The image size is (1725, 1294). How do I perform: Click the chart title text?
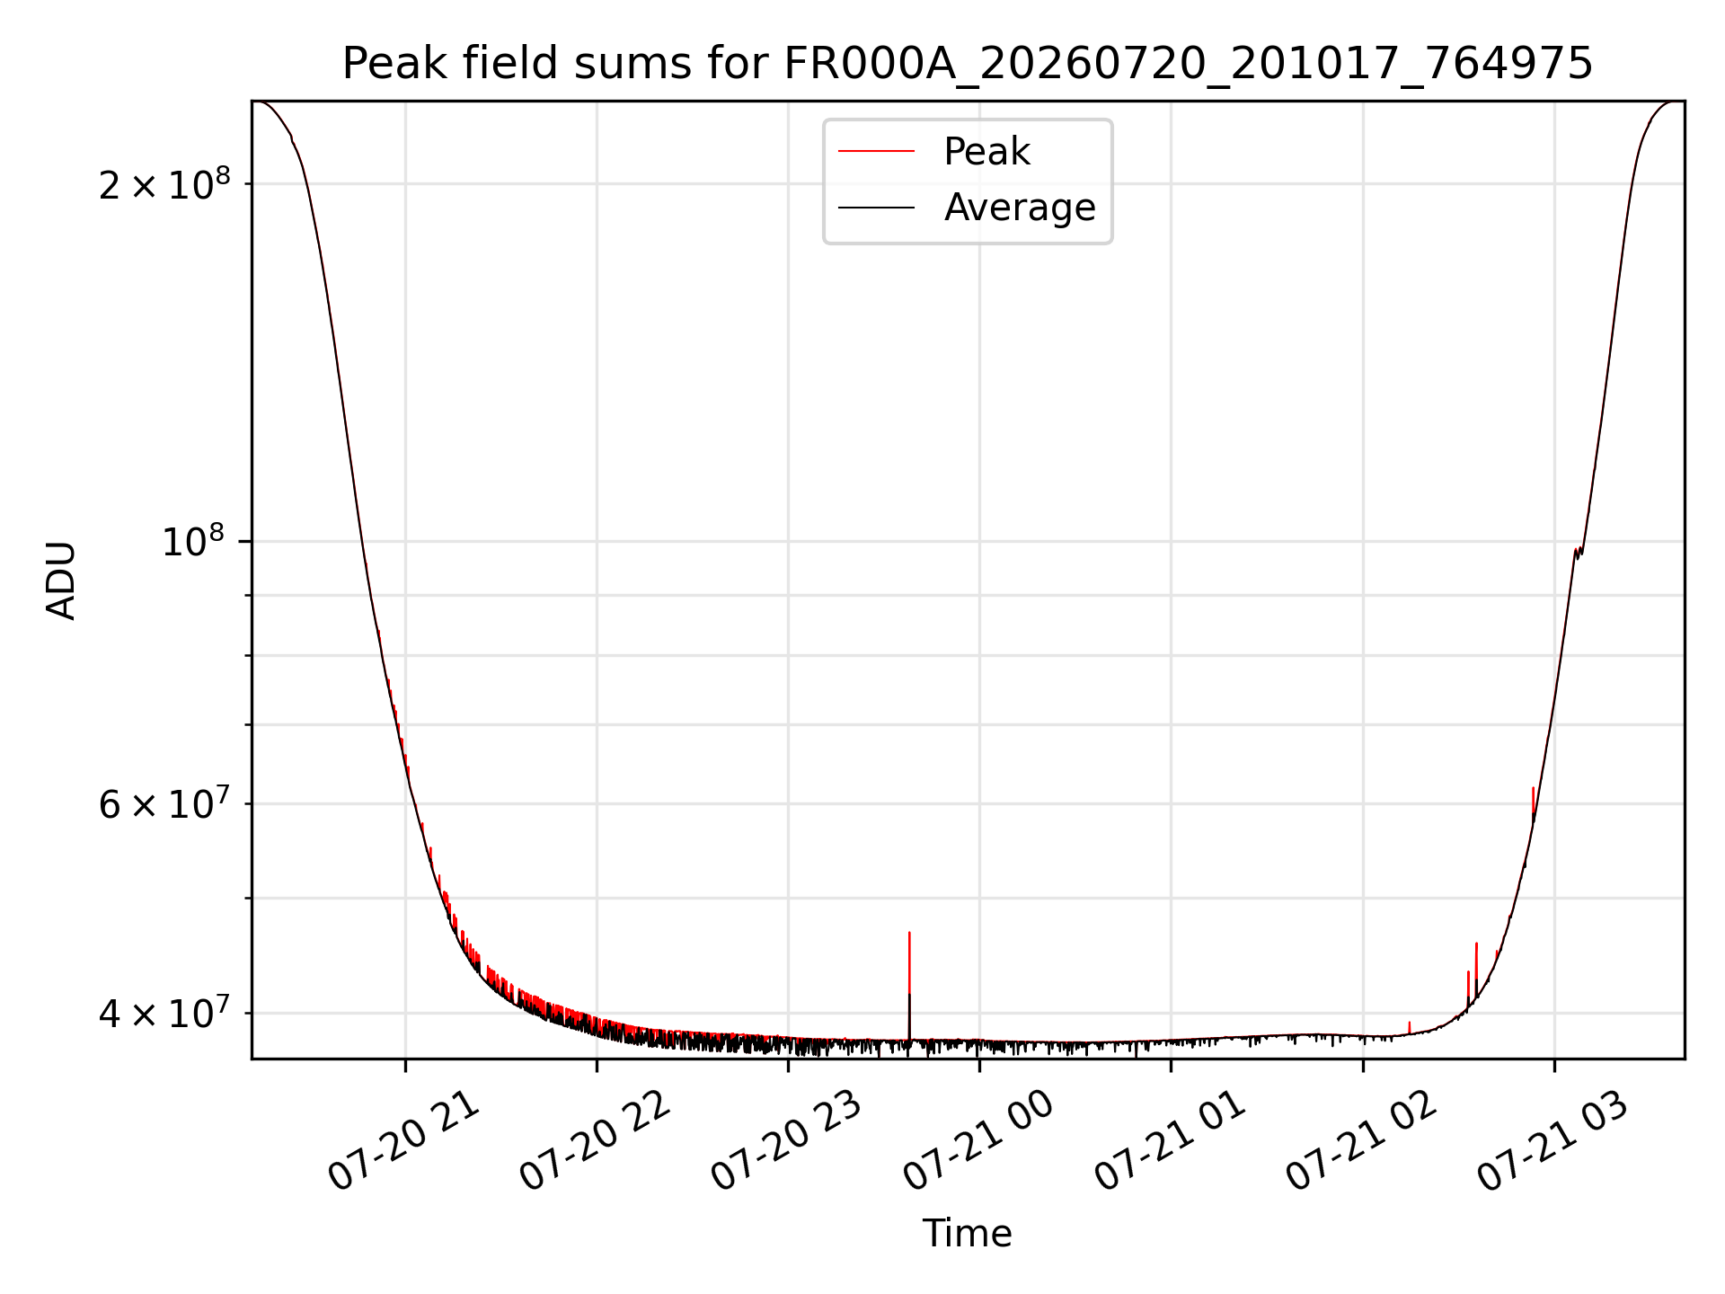tap(968, 64)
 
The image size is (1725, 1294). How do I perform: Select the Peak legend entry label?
tap(986, 152)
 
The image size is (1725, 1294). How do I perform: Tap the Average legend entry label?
tap(1020, 208)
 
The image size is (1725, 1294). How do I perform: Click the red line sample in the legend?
tap(876, 152)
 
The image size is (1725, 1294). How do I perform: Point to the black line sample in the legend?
tap(876, 208)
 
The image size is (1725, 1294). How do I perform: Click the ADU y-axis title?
tap(61, 580)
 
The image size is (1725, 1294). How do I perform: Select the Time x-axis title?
tap(968, 1234)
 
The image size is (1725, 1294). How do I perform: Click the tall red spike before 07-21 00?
tap(909, 984)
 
